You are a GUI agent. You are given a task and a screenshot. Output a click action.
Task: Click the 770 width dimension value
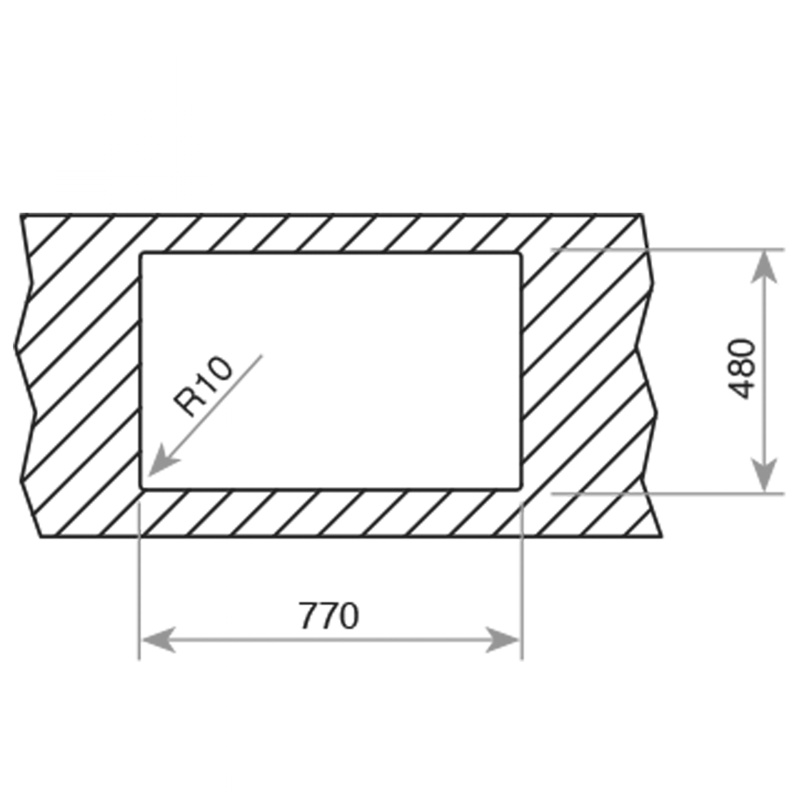(x=329, y=616)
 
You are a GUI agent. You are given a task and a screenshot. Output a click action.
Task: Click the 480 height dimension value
(x=742, y=369)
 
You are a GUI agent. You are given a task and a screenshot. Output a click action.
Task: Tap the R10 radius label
(x=203, y=386)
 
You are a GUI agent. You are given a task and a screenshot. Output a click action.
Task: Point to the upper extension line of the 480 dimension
(x=667, y=249)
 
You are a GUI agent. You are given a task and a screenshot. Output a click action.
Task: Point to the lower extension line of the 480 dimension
(x=667, y=494)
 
